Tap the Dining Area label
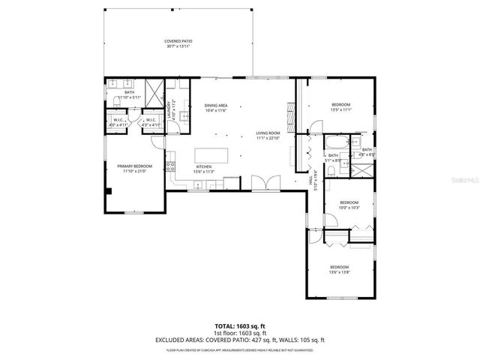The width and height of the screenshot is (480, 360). click(215, 106)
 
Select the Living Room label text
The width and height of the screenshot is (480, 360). click(268, 133)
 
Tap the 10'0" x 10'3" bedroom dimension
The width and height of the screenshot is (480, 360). click(349, 208)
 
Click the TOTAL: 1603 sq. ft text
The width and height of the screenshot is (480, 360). click(240, 325)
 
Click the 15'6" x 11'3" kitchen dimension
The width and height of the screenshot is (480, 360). click(204, 172)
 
